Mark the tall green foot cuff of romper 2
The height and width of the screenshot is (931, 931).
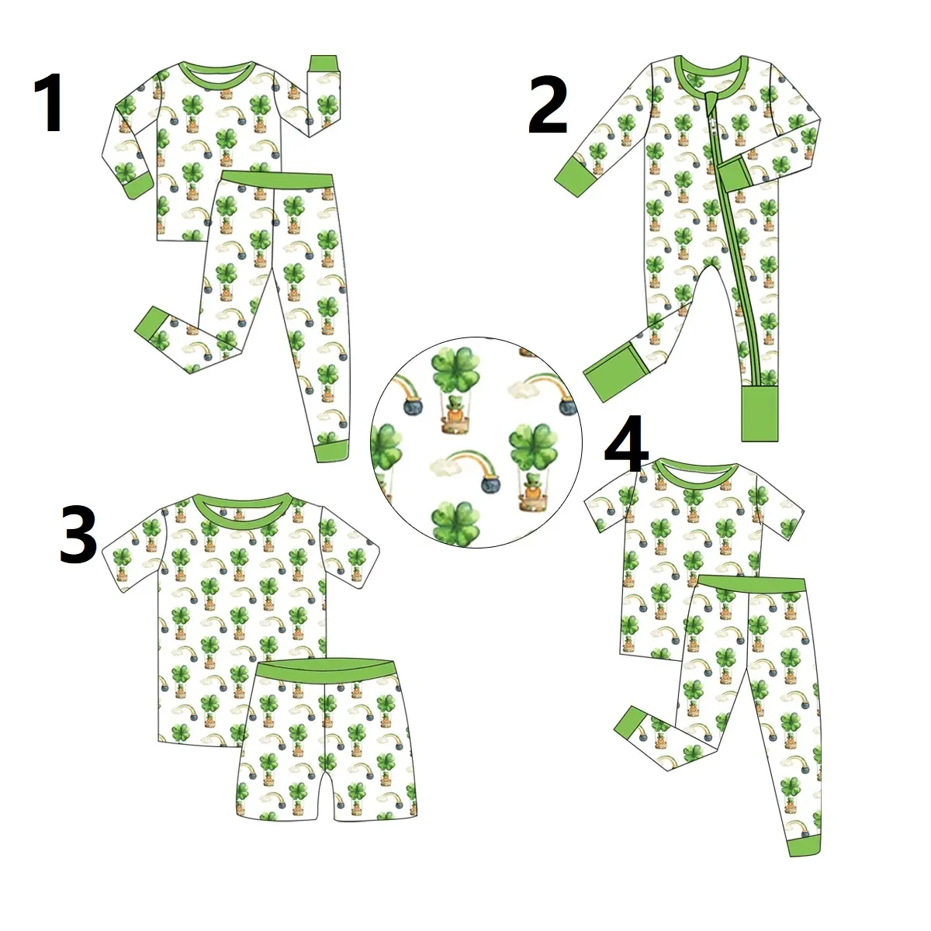click(760, 412)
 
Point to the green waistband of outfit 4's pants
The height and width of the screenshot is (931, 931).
click(750, 588)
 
